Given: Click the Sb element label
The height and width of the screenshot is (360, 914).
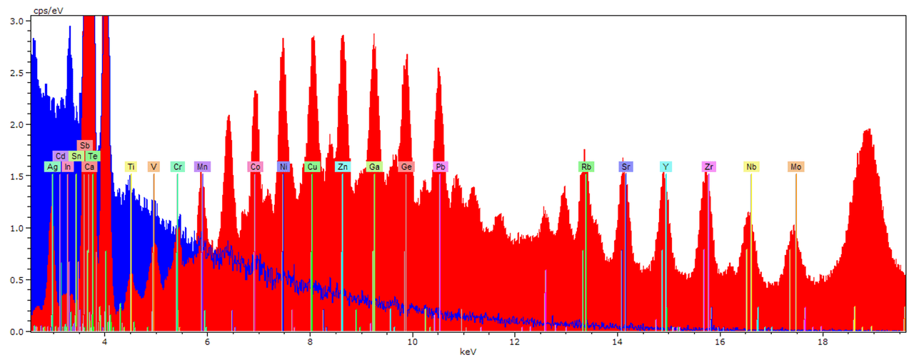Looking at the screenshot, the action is (84, 145).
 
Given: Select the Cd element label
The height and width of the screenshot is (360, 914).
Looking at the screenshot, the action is (60, 156).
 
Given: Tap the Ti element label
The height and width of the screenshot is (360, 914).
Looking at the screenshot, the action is (131, 166).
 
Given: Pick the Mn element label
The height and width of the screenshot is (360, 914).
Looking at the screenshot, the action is (202, 166).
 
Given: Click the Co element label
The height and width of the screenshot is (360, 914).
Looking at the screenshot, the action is (255, 166).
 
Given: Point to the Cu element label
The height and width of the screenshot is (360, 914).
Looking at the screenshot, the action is (312, 166).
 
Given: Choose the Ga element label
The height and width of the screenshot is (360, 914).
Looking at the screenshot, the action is (374, 166).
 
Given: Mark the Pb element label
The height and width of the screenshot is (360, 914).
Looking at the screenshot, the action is (441, 166).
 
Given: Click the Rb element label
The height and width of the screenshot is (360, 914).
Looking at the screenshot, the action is (586, 166).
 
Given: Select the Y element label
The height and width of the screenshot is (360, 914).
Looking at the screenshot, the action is (666, 166).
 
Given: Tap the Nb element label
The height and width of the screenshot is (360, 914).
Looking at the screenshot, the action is (751, 166).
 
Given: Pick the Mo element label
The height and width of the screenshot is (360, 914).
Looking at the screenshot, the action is (795, 166).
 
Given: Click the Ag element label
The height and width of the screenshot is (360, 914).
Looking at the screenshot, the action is (52, 166).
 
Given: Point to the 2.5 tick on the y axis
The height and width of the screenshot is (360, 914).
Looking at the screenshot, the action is (29, 73).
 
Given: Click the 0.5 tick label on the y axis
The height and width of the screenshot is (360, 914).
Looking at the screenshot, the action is (16, 280).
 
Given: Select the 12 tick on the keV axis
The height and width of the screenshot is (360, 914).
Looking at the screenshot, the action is (515, 334).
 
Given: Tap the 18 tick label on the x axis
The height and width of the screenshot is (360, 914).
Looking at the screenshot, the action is (823, 341).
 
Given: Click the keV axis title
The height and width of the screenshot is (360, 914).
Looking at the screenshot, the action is (468, 352).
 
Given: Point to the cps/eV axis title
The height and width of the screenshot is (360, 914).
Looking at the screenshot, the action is (48, 11).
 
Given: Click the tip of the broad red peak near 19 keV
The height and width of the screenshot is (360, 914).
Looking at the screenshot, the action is (867, 129).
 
